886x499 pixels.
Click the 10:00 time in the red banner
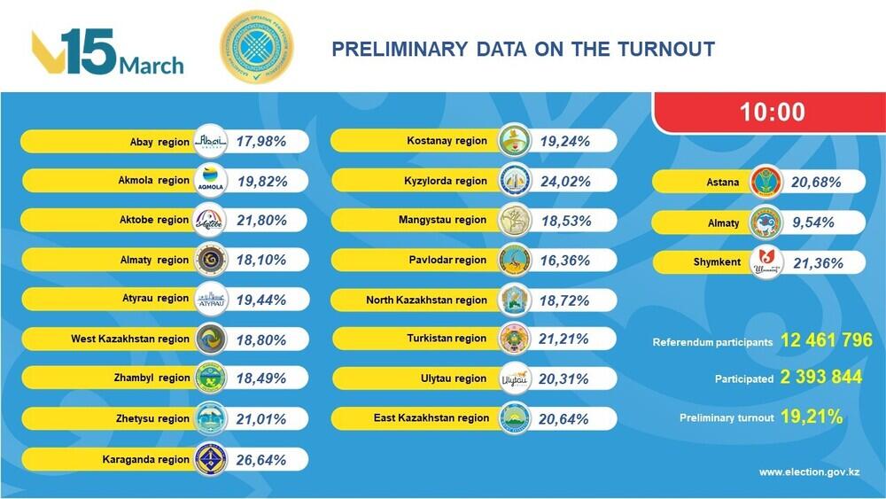tap(768, 112)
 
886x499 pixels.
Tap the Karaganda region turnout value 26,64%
tap(258, 459)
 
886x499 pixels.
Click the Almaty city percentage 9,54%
tap(809, 222)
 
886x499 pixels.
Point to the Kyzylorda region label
tap(447, 181)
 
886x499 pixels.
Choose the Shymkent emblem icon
tap(767, 262)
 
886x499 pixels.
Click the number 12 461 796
tap(826, 340)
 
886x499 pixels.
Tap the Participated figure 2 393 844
tap(821, 378)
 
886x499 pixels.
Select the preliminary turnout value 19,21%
tap(811, 415)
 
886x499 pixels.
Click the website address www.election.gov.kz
tap(809, 472)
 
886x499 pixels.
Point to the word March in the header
tap(152, 66)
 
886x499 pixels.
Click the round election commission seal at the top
tap(258, 49)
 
